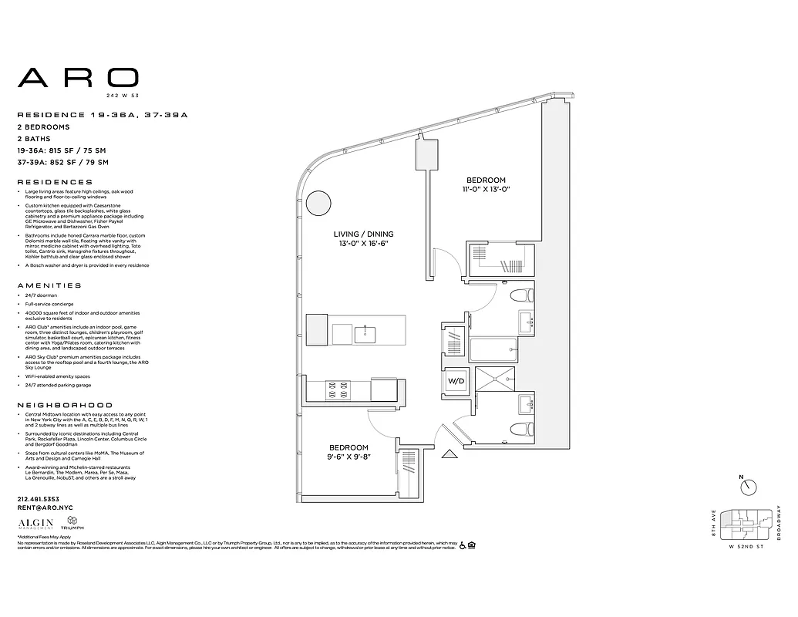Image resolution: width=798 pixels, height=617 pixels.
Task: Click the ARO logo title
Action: (78, 77)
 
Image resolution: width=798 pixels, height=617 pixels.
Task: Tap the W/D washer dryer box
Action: (455, 380)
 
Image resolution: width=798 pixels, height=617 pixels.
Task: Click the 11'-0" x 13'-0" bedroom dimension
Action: (486, 189)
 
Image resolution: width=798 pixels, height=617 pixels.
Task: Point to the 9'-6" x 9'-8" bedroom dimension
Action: (348, 457)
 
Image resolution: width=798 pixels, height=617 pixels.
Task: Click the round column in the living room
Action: (317, 204)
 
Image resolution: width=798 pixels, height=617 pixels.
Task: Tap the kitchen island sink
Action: (365, 334)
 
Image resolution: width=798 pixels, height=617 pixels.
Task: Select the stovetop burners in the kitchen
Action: (336, 389)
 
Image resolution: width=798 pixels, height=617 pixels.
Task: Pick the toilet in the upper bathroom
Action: (524, 295)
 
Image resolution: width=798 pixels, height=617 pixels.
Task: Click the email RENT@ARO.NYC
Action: (42, 507)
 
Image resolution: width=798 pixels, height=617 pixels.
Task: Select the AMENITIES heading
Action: (49, 285)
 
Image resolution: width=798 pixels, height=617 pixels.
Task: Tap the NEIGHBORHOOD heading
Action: (65, 405)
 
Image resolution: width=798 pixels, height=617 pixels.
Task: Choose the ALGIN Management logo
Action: (34, 523)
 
